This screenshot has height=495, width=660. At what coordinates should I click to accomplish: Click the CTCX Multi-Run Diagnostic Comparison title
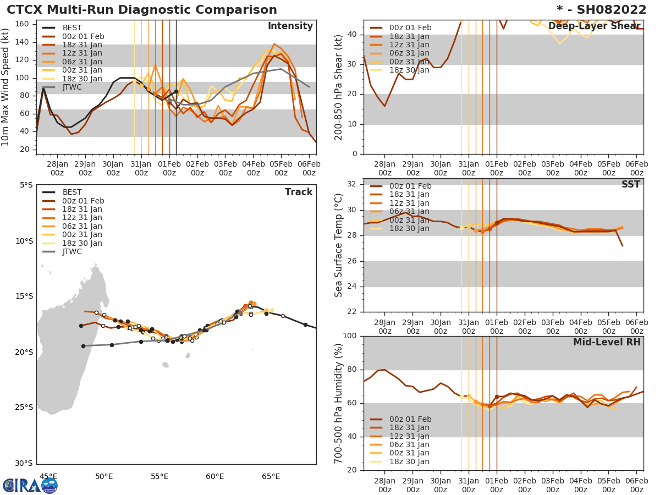point(142,10)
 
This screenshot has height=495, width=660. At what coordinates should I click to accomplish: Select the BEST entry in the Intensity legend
point(72,28)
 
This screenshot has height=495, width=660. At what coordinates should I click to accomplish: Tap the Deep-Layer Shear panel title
point(594,26)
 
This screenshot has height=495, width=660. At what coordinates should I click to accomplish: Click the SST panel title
point(630,184)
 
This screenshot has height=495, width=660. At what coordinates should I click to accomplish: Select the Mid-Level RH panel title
point(607,342)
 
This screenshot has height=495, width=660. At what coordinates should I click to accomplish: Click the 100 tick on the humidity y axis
point(350,336)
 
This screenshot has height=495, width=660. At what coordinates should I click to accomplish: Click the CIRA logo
point(30,485)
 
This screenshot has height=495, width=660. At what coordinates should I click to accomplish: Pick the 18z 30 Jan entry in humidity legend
point(410,461)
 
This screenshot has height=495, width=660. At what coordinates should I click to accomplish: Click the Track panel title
point(298,192)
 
